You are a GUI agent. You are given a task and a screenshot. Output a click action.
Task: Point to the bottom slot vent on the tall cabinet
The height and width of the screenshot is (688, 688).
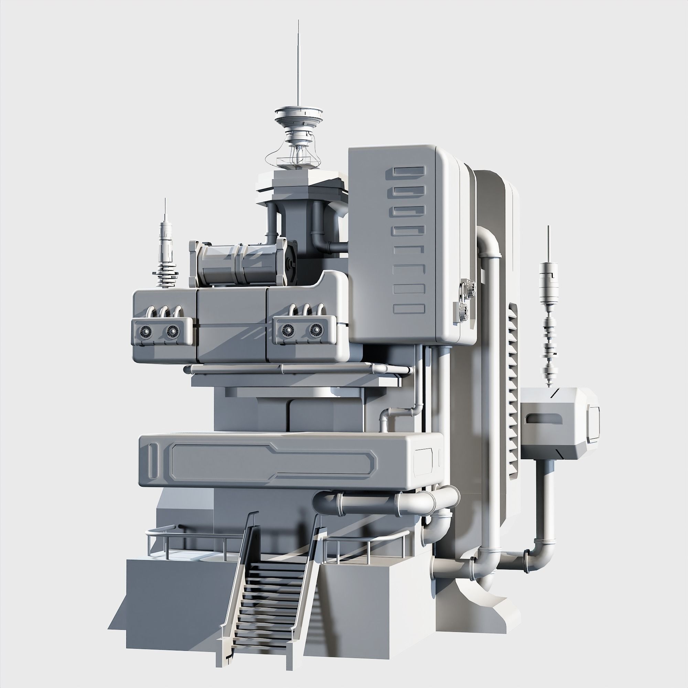point(409,308)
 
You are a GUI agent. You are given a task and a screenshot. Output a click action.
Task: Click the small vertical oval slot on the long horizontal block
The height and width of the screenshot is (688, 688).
point(153,461)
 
